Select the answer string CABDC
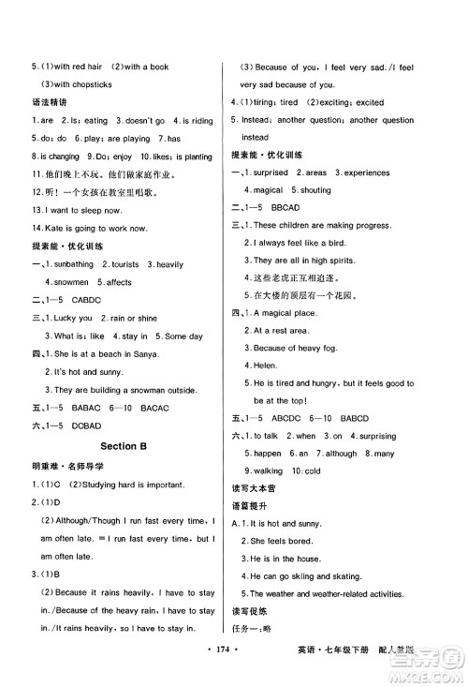(x=90, y=300)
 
